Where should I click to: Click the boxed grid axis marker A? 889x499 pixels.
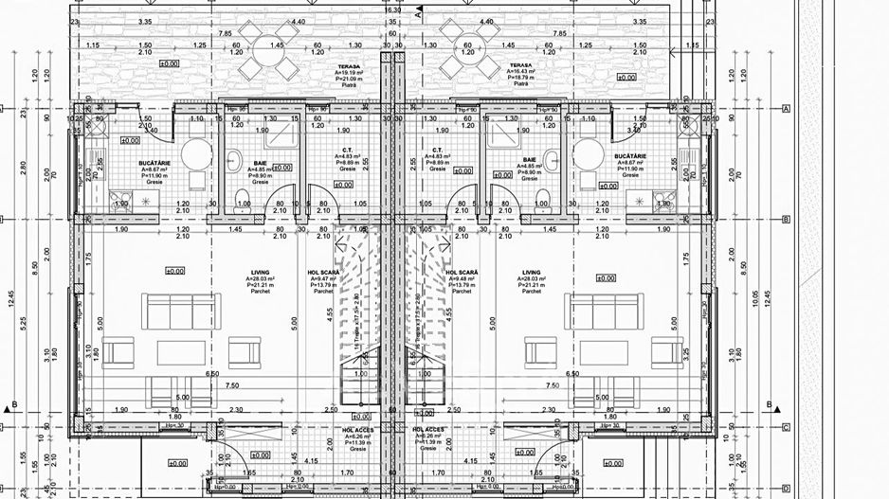(x=786, y=109)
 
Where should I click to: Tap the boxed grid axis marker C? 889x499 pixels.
(x=786, y=427)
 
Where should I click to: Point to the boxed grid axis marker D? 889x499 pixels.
(x=786, y=490)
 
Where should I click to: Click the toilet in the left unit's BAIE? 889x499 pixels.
(x=242, y=195)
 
